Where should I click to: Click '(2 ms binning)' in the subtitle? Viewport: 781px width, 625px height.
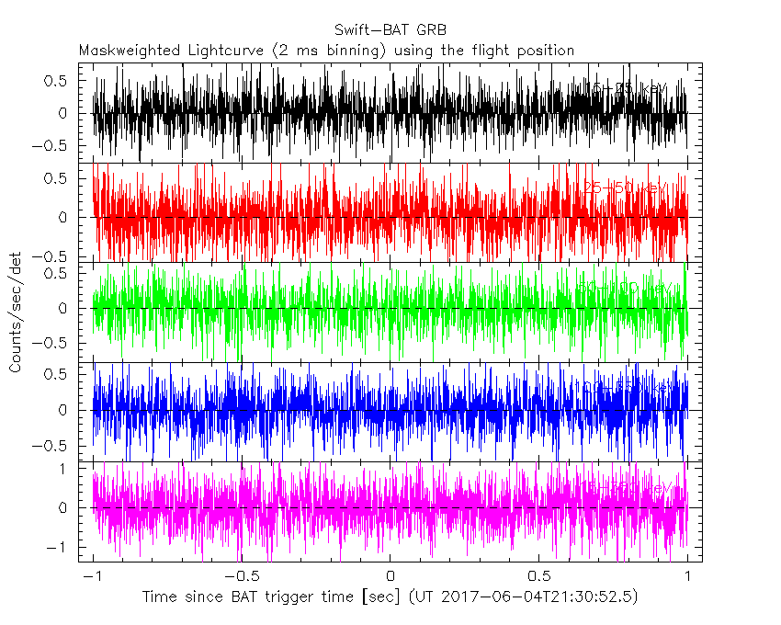[x=327, y=51]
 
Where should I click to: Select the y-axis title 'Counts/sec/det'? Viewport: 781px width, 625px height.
[x=17, y=315]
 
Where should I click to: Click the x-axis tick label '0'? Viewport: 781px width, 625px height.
[x=390, y=575]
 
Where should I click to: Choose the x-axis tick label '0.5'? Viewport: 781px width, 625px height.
[x=538, y=575]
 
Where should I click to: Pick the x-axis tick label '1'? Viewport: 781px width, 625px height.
[x=687, y=575]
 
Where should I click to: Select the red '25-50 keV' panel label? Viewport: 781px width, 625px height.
[x=625, y=188]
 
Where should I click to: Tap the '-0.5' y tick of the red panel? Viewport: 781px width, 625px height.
[x=51, y=256]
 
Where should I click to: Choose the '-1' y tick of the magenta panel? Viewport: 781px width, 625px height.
[x=62, y=547]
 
